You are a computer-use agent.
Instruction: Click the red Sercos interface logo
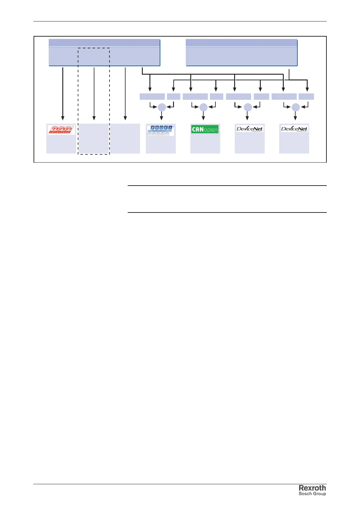point(61,130)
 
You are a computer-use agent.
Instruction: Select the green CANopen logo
point(205,130)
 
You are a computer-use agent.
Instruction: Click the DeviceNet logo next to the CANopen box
point(250,129)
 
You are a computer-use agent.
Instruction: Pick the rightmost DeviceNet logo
point(294,129)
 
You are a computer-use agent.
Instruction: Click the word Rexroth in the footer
point(312,488)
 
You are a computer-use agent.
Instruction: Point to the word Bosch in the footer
point(305,494)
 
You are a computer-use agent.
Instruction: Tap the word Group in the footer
point(319,494)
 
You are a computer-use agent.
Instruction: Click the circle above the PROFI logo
point(162,107)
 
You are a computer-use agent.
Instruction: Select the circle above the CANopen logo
point(203,107)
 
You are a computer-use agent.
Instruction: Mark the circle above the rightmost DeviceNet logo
point(296,107)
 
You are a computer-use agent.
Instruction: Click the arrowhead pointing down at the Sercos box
point(63,118)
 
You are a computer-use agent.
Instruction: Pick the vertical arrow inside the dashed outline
point(94,94)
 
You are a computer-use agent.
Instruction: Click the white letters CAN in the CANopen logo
point(198,130)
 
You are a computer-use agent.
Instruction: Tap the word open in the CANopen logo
point(211,130)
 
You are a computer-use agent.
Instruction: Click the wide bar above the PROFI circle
point(152,96)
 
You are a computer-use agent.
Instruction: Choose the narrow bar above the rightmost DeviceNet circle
point(306,96)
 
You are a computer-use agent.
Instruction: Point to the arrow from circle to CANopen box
point(203,116)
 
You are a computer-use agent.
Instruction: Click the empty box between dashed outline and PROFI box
point(125,138)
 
